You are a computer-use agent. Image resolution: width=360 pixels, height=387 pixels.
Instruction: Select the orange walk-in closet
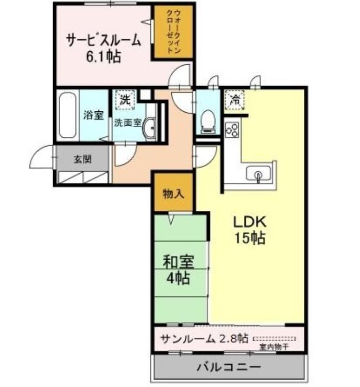(174, 31)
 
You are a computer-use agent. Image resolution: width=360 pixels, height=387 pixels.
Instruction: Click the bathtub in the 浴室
(67, 116)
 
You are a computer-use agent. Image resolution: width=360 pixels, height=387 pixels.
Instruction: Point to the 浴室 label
(93, 115)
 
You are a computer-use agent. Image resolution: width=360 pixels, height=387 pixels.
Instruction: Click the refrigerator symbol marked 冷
(235, 100)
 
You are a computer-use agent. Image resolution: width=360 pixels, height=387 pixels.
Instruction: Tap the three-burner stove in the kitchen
(233, 129)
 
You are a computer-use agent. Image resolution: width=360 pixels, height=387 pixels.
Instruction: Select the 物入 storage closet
(174, 193)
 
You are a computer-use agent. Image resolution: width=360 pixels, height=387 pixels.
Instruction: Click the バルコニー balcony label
(229, 367)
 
